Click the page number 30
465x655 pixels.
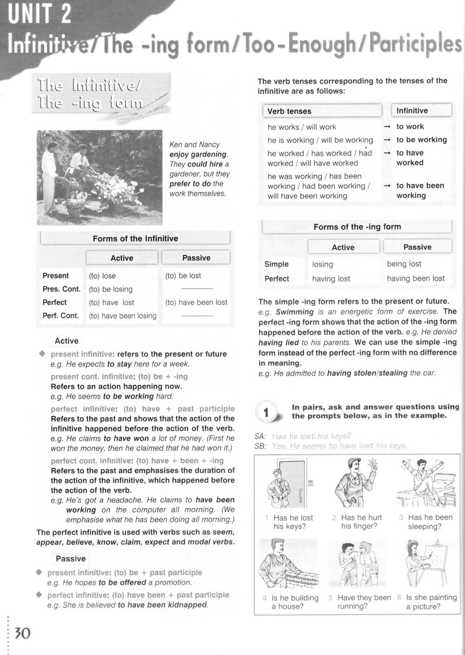pyautogui.click(x=22, y=633)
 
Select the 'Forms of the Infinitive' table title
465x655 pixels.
pyautogui.click(x=135, y=239)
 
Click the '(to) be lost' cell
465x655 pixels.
pyautogui.click(x=183, y=276)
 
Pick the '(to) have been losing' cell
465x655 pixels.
pyautogui.click(x=123, y=316)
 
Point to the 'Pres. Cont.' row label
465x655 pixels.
pyautogui.click(x=61, y=289)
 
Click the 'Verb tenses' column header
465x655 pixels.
pyautogui.click(x=289, y=111)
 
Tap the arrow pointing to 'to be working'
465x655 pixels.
pyautogui.click(x=386, y=140)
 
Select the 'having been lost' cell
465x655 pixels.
pyautogui.click(x=416, y=279)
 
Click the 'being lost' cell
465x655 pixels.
pyautogui.click(x=404, y=264)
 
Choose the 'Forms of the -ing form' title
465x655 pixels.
pyautogui.click(x=357, y=227)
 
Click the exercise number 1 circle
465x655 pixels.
pyautogui.click(x=266, y=413)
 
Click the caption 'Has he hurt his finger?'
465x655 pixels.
pyautogui.click(x=359, y=522)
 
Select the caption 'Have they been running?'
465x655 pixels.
pyautogui.click(x=364, y=602)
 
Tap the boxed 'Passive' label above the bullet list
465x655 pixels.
pyautogui.click(x=71, y=559)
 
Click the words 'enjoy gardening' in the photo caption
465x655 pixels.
pyautogui.click(x=198, y=154)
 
